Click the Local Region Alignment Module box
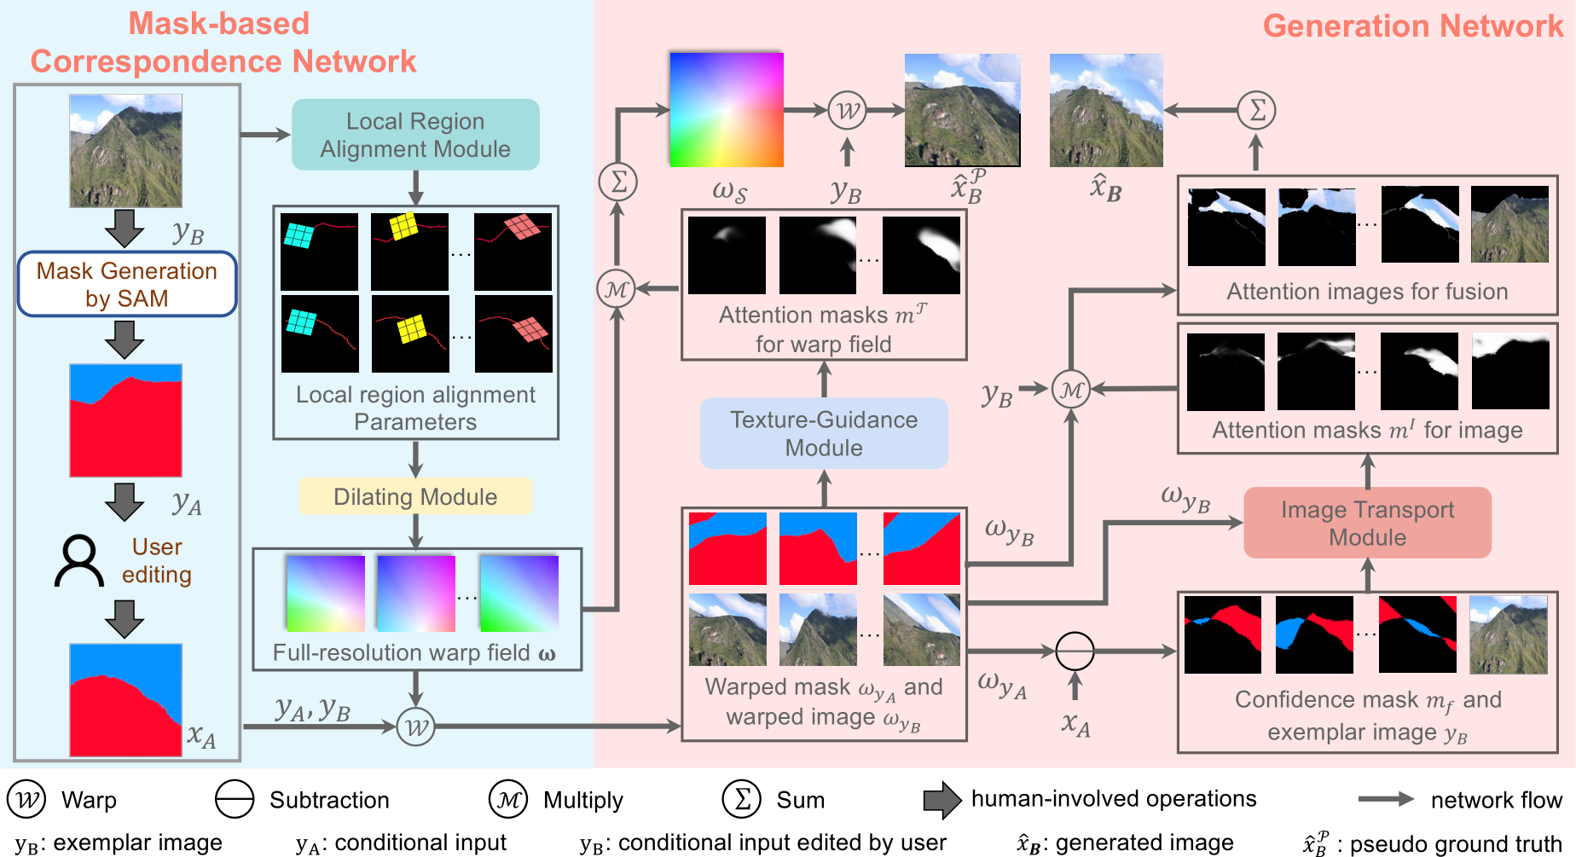click(x=415, y=135)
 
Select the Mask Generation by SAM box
click(x=126, y=284)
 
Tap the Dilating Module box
click(x=415, y=496)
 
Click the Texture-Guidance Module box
click(x=824, y=433)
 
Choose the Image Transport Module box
click(x=1367, y=523)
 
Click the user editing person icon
click(x=79, y=561)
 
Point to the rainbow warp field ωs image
click(x=726, y=109)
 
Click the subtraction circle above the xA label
click(x=1075, y=651)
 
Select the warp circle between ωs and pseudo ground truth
click(x=847, y=111)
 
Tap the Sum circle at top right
click(x=1256, y=110)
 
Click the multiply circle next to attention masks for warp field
click(x=617, y=289)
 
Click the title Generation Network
click(x=1412, y=26)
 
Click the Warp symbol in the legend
click(x=27, y=799)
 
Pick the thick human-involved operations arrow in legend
click(x=942, y=799)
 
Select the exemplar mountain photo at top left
click(x=125, y=151)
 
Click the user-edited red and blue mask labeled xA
click(x=125, y=700)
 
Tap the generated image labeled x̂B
click(x=1106, y=110)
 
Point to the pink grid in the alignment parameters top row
click(x=522, y=227)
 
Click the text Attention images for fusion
click(x=1367, y=292)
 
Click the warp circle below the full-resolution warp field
click(x=416, y=727)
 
